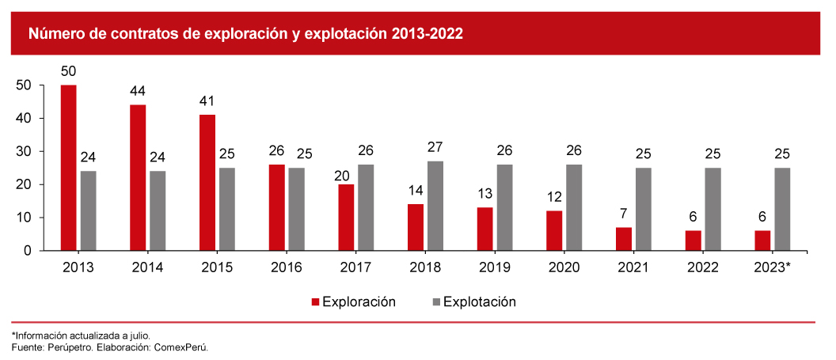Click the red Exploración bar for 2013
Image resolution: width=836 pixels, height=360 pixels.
pos(69,168)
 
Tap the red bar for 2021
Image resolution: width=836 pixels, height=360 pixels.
pos(623,239)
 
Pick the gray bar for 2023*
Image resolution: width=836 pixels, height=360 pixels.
pos(781,209)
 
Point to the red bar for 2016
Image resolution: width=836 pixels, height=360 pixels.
pos(276,207)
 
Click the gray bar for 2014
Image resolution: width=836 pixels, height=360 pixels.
pos(158,210)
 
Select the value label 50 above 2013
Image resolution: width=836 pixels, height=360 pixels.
pos(69,72)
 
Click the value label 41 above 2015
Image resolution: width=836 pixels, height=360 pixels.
pos(207,101)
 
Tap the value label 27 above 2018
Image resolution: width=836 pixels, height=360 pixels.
pos(435,148)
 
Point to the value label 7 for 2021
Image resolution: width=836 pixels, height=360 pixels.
pos(623,214)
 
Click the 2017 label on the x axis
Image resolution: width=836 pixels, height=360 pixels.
pos(355,267)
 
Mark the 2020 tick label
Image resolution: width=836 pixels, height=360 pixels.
pos(564,267)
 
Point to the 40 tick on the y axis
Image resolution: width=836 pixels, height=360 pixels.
pos(23,118)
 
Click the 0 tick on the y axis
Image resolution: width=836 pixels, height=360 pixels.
pos(27,250)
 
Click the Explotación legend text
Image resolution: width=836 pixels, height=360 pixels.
pos(480,301)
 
